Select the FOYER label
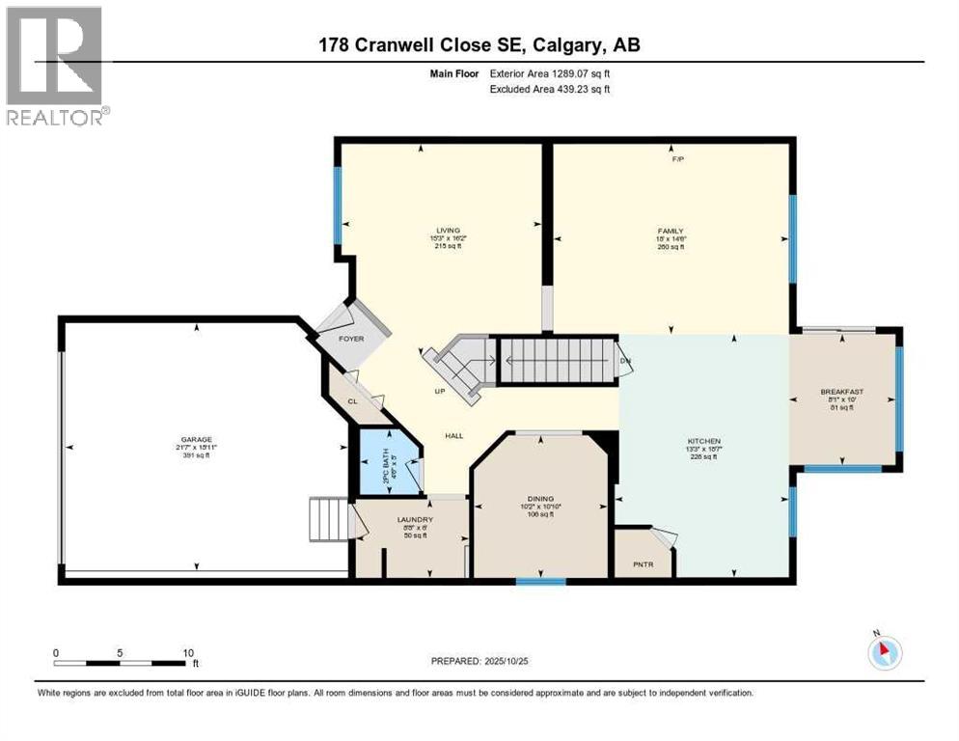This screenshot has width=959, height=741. tap(351, 339)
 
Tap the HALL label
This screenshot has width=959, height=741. tap(453, 435)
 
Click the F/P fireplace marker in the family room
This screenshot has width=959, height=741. tap(677, 159)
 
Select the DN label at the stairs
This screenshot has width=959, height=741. tap(625, 361)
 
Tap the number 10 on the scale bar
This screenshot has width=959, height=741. tap(188, 652)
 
